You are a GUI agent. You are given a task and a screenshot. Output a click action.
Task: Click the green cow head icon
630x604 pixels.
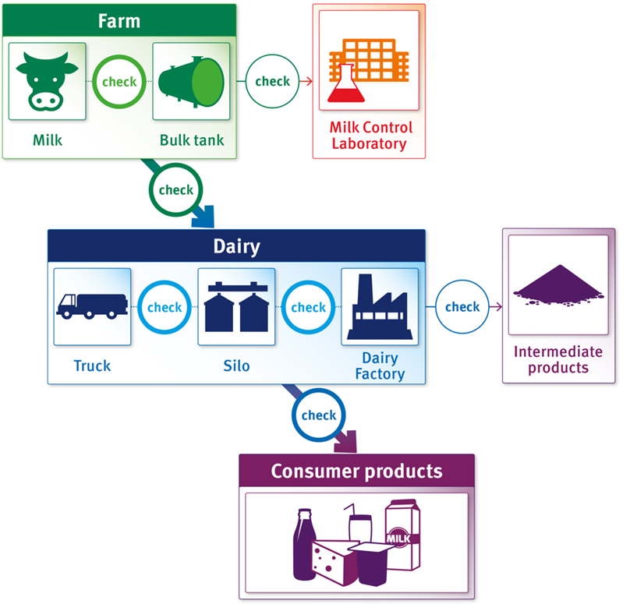[47, 81]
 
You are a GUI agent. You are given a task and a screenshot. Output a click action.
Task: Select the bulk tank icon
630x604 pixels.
[191, 82]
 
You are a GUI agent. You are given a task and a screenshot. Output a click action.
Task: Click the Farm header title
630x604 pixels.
[119, 21]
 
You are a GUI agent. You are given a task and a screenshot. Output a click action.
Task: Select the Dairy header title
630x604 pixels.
[237, 246]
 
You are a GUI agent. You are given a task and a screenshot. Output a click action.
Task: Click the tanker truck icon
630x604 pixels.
[92, 306]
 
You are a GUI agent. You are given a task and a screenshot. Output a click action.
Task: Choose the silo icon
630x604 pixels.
[237, 307]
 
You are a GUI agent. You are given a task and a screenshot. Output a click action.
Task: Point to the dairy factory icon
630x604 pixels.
[380, 307]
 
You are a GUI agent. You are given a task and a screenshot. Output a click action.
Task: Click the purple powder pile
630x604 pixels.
[558, 285]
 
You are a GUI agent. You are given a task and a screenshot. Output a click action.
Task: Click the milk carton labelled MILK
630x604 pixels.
[403, 535]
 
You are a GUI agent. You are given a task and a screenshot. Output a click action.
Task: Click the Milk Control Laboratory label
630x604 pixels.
[370, 136]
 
